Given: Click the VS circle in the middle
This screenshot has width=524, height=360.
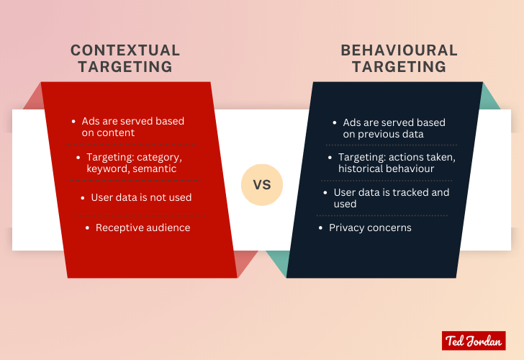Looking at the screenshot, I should click(261, 184).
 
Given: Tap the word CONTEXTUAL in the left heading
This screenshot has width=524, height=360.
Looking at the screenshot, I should click(125, 51).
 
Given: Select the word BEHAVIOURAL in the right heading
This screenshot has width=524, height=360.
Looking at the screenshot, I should click(399, 51).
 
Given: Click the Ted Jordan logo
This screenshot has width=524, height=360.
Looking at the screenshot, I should click(473, 341).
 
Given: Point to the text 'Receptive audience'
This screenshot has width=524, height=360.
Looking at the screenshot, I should click(143, 228).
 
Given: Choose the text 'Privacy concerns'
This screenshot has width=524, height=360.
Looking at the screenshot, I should click(370, 228).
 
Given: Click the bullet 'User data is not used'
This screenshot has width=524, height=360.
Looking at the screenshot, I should click(141, 197).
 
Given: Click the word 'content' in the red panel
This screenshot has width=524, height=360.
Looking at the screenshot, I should click(118, 132).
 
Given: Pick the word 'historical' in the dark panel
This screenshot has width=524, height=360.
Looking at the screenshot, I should click(362, 168).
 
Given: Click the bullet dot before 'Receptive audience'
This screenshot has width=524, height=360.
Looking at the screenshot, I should click(88, 228).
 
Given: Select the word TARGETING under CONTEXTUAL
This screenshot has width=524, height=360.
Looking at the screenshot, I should click(125, 67).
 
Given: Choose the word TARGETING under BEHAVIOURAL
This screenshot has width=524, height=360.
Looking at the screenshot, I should click(399, 67).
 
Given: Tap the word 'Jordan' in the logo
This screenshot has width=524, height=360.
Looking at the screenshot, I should click(484, 341).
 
